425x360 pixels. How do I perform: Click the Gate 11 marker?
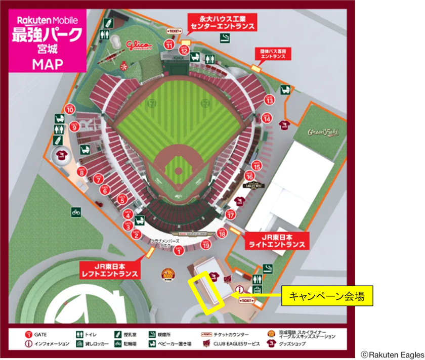(169, 45)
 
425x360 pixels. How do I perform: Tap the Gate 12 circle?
(184, 50)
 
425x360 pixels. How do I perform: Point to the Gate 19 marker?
(205, 245)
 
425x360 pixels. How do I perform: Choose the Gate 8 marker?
(82, 172)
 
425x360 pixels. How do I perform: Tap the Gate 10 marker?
(70, 109)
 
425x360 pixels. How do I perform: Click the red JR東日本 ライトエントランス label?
(276, 240)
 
